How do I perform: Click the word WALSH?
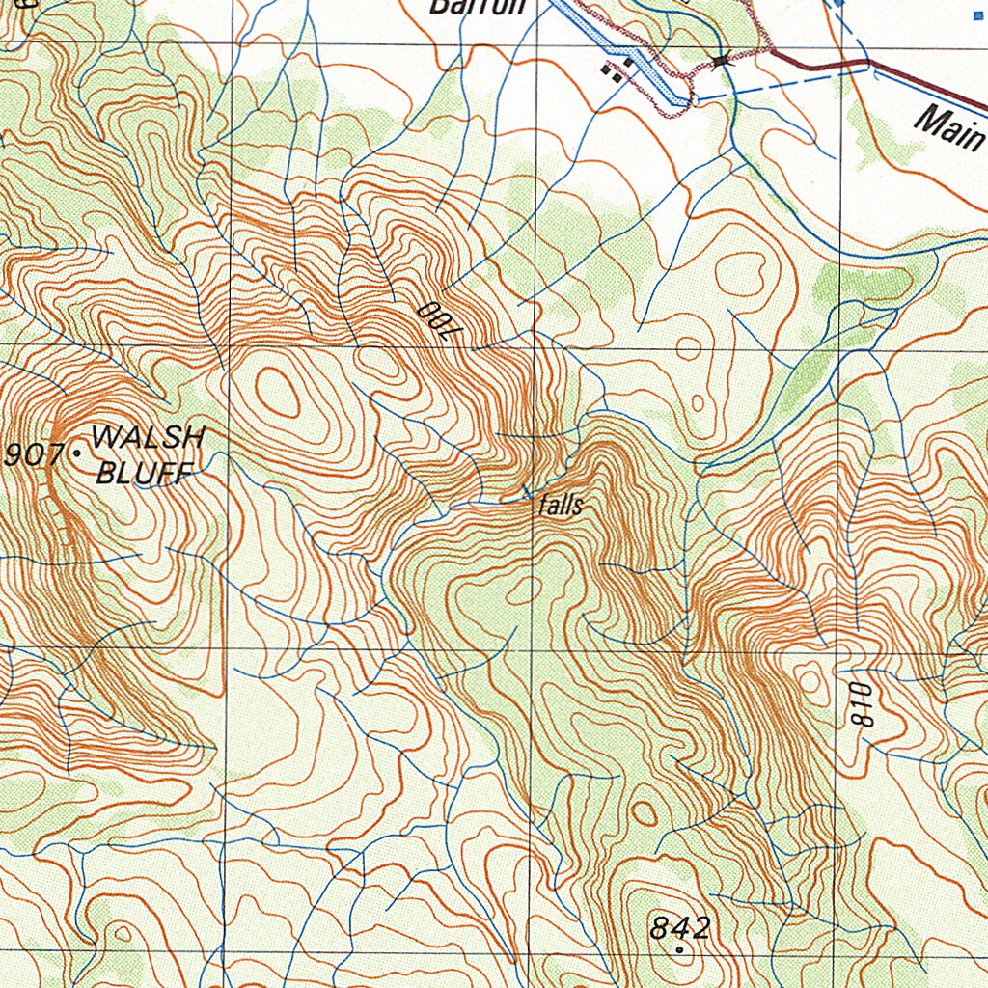(x=148, y=439)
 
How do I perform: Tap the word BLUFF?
(x=145, y=472)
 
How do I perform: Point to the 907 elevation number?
(x=34, y=455)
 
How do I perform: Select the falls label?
(x=562, y=506)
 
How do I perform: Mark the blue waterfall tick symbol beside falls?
(x=526, y=492)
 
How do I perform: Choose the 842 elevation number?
(x=680, y=928)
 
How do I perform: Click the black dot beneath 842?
(x=680, y=949)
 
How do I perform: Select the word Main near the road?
(x=948, y=127)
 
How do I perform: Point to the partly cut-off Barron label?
(x=478, y=8)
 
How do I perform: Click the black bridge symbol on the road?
(x=722, y=61)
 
